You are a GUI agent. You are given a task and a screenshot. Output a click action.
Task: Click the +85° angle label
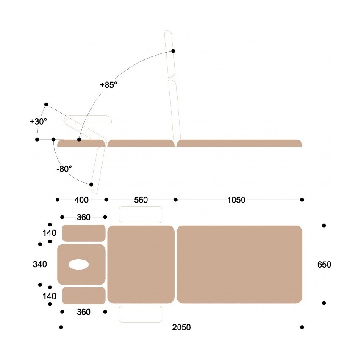point(108,85)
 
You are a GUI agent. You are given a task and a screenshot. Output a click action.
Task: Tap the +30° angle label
point(39,121)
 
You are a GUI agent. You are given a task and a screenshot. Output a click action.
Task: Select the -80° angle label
point(64,169)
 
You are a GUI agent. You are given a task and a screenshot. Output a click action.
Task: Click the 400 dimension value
point(81,200)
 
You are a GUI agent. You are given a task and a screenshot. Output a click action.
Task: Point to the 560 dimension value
point(141,200)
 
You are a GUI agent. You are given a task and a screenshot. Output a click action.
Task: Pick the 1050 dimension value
point(236,200)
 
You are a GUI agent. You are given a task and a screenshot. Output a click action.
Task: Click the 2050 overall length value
point(181,327)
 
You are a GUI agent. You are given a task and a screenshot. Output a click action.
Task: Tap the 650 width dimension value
point(324,265)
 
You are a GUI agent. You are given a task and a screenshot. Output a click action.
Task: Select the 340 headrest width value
point(40,264)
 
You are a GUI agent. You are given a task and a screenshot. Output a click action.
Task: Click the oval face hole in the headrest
point(78,264)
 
